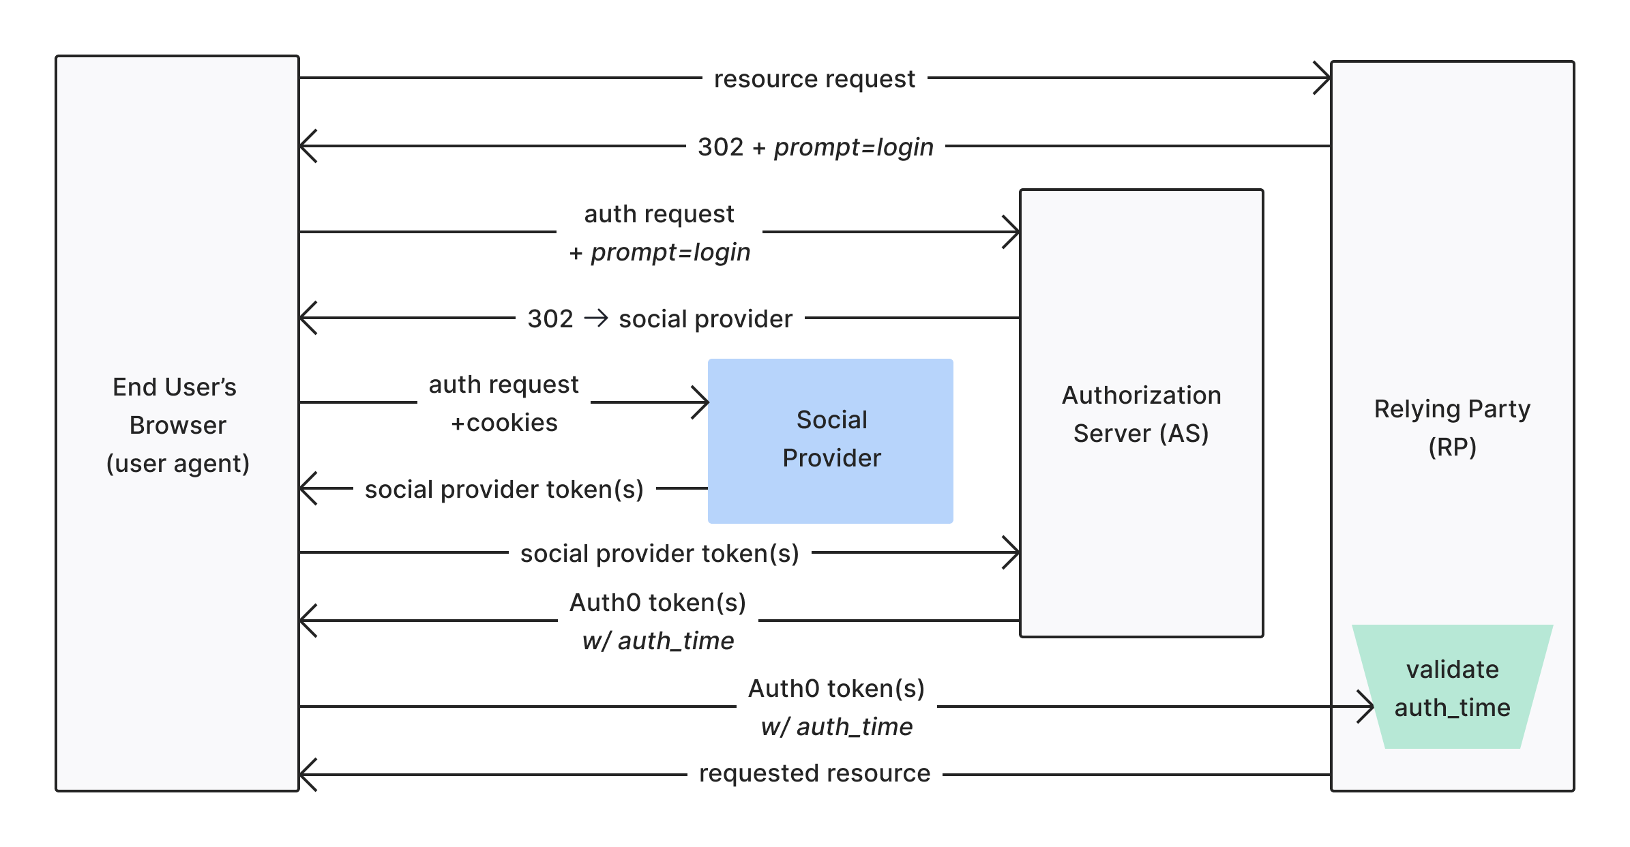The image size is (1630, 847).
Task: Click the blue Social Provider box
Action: tap(830, 441)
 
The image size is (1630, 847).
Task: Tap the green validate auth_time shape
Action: tap(1452, 687)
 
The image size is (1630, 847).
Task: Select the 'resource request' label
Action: tap(814, 79)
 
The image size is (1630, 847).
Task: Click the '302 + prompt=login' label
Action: tap(815, 147)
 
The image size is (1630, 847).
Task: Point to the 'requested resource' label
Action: tap(814, 773)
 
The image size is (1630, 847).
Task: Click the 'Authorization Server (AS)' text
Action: tap(1141, 414)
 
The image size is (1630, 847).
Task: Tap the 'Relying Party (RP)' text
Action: tap(1452, 428)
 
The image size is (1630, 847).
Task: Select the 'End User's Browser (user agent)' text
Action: tap(177, 425)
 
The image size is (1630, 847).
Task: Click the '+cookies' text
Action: tap(504, 423)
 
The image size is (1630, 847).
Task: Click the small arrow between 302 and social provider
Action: tap(596, 318)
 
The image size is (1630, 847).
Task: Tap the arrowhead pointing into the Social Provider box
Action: tap(702, 402)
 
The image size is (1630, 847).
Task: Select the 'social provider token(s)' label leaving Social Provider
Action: tap(504, 490)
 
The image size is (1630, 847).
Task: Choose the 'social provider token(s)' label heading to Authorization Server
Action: tap(660, 554)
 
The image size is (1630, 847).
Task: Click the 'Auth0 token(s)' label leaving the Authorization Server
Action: tap(657, 603)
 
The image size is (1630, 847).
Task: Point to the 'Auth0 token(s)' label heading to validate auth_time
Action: tap(836, 689)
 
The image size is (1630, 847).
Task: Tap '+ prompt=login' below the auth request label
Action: tap(660, 252)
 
